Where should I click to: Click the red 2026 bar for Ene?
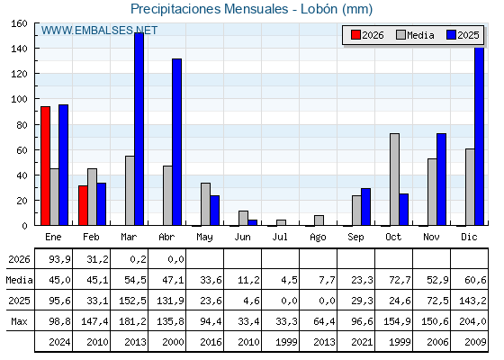tap(45, 166)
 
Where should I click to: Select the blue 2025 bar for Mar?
tap(139, 129)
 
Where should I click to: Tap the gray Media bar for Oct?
tap(395, 179)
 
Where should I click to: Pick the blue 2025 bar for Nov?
tap(442, 179)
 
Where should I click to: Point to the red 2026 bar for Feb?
tap(83, 205)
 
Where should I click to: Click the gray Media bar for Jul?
tap(281, 222)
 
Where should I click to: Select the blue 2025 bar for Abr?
tap(176, 142)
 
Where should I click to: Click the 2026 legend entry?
tap(367, 35)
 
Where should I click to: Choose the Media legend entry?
tap(415, 35)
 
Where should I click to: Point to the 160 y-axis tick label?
tap(19, 23)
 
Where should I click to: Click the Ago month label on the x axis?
tap(318, 238)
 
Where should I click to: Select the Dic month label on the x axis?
tap(469, 237)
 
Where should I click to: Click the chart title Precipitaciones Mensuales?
tap(209, 9)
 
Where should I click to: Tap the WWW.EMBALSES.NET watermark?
tap(99, 31)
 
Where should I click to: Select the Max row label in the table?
tap(19, 321)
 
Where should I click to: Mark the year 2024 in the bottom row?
tap(59, 342)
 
